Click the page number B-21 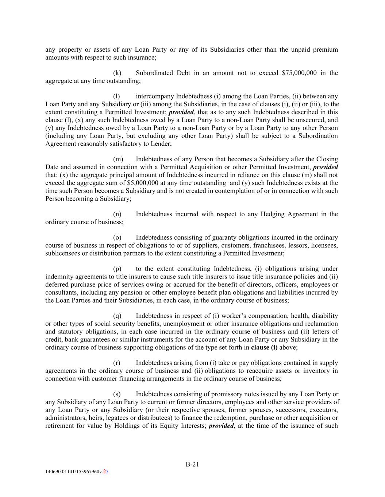point(192,464)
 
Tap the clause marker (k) point(117,73)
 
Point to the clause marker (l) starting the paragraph point(116,96)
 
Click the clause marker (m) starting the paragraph point(118,159)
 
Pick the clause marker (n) point(117,214)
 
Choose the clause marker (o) point(117,237)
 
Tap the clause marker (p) point(117,269)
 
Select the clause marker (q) point(117,316)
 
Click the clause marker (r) point(117,363)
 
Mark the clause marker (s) point(117,394)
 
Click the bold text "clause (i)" point(264,347)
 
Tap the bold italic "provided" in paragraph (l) point(181,112)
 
